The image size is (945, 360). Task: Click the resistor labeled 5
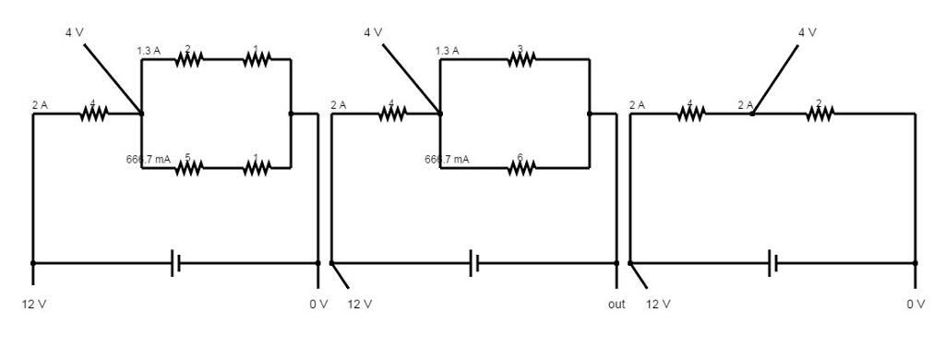[x=188, y=168]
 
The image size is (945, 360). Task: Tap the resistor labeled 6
[x=520, y=168]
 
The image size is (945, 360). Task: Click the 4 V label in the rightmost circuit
[x=807, y=32]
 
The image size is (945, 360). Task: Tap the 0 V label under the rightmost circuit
[x=915, y=304]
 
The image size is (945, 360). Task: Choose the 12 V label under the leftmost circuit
[x=33, y=304]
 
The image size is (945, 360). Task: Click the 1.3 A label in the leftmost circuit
[x=149, y=51]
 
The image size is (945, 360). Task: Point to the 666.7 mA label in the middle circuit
[x=447, y=160]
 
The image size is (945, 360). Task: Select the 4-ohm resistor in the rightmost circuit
[x=690, y=114]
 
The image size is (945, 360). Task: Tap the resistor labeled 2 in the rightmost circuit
[x=819, y=114]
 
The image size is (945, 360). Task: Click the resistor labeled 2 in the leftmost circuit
[x=188, y=59]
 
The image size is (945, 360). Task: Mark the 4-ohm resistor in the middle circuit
[x=392, y=114]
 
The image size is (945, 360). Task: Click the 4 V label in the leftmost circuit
[x=75, y=32]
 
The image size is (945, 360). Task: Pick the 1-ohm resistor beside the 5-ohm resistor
[x=257, y=168]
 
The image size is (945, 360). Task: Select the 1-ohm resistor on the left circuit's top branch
[x=257, y=59]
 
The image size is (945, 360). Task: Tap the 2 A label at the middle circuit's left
[x=339, y=105]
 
